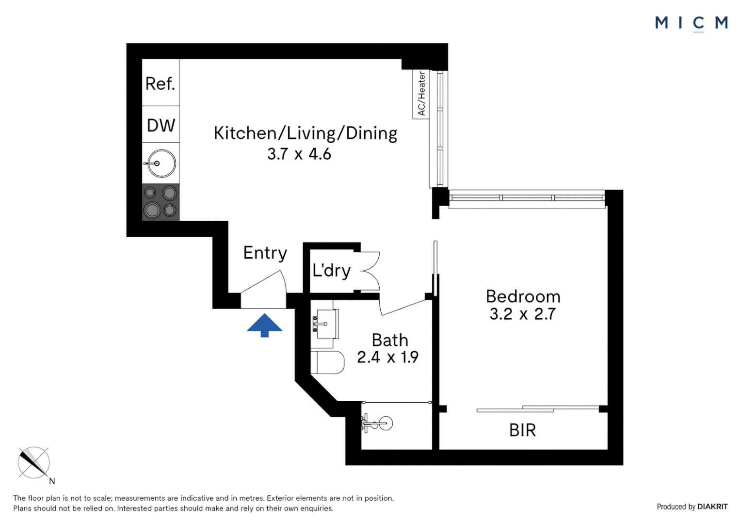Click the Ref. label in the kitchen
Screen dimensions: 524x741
pos(160,84)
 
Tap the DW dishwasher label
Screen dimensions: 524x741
pos(161,126)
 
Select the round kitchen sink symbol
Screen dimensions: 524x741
pos(161,164)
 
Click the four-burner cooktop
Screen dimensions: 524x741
pos(161,202)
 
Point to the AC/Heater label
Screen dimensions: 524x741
pos(421,94)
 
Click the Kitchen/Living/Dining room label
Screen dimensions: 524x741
pos(305,133)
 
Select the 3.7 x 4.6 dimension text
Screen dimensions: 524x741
pos(299,154)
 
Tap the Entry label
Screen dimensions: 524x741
pos(265,253)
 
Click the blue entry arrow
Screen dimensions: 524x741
pos(264,325)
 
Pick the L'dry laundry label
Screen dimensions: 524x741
pos(331,270)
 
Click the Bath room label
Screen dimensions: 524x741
pos(389,340)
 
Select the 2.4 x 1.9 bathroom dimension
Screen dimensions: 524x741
pos(387,358)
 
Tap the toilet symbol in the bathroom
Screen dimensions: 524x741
pos(327,362)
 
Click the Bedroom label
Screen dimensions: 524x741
pos(523,296)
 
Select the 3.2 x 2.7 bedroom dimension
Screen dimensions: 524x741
pos(522,314)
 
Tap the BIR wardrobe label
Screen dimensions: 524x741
pos(522,430)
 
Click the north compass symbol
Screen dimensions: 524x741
pos(34,463)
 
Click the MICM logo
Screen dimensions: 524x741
pos(691,23)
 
